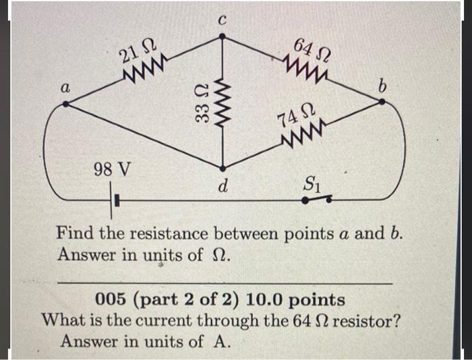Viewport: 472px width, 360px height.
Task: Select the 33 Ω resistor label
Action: [x=202, y=103]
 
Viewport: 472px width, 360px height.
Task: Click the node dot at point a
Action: [x=65, y=104]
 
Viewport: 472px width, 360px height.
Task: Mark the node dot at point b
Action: [x=382, y=102]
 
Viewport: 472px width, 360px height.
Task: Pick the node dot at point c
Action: [x=222, y=36]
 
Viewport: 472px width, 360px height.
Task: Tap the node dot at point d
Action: [x=223, y=169]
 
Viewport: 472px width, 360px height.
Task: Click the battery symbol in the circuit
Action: [x=114, y=200]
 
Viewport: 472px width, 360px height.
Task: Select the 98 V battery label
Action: [x=112, y=169]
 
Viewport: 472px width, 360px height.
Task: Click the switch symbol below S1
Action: [x=318, y=200]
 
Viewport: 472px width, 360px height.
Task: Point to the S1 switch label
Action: [x=312, y=184]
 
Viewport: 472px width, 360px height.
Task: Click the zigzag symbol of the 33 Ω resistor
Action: [x=222, y=103]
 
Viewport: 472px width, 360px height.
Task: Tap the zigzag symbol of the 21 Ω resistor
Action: [x=143, y=68]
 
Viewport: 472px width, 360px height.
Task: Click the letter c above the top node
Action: [x=222, y=20]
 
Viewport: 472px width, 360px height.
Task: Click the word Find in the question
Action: [x=75, y=233]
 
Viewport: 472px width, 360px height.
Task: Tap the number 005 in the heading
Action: [x=109, y=299]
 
